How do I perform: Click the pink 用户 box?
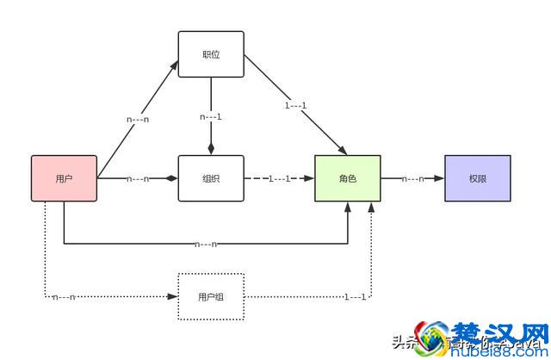click(x=64, y=178)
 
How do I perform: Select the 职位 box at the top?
click(x=211, y=53)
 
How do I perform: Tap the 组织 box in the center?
click(x=211, y=178)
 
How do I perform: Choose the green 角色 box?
click(x=348, y=178)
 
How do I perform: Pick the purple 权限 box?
click(x=478, y=178)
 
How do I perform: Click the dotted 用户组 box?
click(x=211, y=297)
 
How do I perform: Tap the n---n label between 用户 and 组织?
click(x=138, y=179)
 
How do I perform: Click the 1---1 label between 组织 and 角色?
click(x=280, y=179)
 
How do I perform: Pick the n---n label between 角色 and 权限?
click(x=412, y=179)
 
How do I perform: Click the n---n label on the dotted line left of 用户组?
click(x=65, y=298)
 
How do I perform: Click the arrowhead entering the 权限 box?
click(x=440, y=179)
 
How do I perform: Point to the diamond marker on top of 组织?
click(x=211, y=149)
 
